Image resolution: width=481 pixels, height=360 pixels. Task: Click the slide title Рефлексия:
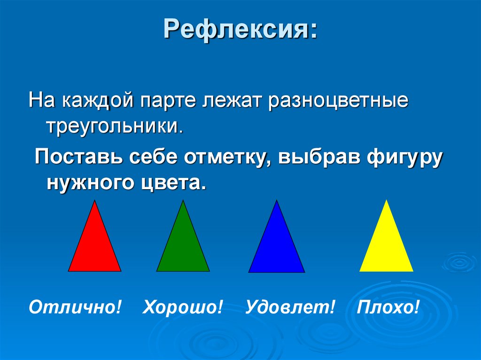click(240, 31)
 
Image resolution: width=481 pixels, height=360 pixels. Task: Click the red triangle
click(95, 246)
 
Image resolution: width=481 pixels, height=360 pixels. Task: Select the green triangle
click(183, 246)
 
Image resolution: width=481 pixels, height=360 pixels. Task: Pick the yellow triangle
click(387, 246)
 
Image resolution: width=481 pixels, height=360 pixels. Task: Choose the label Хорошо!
click(183, 308)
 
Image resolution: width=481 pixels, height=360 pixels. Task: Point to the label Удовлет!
click(290, 308)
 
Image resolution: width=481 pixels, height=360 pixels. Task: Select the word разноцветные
click(338, 102)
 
